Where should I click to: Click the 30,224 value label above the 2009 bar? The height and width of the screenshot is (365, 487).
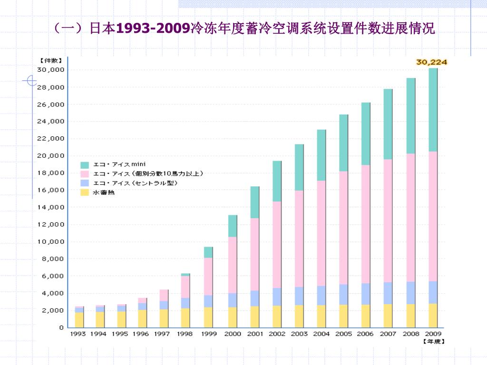coord(431,62)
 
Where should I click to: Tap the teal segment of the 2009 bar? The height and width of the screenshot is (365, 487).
coord(433,110)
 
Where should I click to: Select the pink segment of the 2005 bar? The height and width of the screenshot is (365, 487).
coord(343,228)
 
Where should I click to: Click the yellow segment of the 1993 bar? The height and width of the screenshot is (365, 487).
coord(79,320)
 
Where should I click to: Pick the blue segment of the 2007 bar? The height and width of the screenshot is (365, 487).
coord(388,293)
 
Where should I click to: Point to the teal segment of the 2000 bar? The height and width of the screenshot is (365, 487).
coord(233,226)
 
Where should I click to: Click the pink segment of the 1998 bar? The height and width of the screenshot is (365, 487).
coord(185,287)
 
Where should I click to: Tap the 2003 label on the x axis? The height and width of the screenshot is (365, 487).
coord(299,334)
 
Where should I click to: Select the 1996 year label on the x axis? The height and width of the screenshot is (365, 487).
coord(140,334)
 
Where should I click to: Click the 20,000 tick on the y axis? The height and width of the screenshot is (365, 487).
coord(50,156)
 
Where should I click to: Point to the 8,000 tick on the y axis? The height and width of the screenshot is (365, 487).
coord(53,259)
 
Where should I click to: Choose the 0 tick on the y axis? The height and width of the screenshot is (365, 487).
coord(61,327)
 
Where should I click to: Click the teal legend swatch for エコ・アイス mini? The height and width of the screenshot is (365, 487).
coord(85,165)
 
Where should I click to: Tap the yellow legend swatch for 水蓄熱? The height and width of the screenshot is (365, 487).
coord(85,192)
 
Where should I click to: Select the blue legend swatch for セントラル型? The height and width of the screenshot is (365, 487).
coord(85,183)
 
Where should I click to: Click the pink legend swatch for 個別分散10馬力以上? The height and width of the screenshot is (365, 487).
coord(85,174)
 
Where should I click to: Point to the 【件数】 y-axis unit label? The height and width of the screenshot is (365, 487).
coord(51,60)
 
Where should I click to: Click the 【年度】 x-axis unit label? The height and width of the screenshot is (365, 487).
coord(434,341)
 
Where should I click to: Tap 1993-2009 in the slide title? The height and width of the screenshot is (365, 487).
coord(153,28)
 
